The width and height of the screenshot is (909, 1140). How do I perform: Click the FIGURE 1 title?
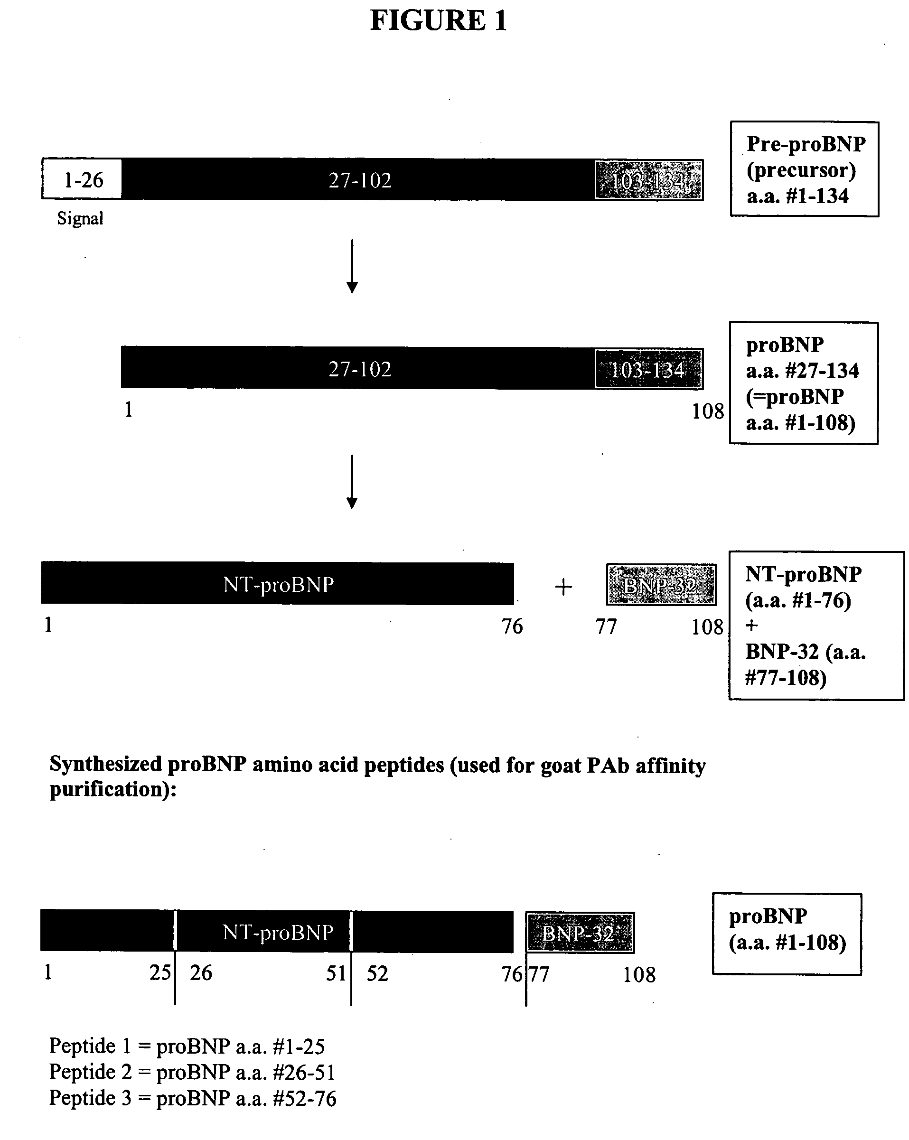(439, 21)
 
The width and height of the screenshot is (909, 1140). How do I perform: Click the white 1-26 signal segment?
(83, 180)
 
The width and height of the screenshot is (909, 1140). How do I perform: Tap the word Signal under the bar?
(80, 218)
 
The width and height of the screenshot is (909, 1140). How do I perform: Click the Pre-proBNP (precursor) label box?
(804, 169)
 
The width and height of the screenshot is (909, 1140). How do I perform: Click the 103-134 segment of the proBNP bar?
(649, 369)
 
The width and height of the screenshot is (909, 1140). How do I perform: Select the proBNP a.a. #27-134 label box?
(803, 383)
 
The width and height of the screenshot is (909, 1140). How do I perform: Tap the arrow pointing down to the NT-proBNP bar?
(352, 481)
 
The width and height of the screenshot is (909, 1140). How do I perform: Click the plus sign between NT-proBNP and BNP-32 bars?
(563, 587)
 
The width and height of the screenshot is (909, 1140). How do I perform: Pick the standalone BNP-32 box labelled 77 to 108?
(661, 585)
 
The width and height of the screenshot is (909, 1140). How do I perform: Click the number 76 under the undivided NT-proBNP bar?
(512, 626)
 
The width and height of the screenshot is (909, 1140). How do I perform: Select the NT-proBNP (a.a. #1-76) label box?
(816, 626)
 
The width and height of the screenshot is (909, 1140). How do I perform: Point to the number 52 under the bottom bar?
(377, 973)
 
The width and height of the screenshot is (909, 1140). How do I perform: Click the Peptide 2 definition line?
(192, 1072)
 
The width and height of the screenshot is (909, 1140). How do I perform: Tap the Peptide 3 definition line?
(193, 1098)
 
